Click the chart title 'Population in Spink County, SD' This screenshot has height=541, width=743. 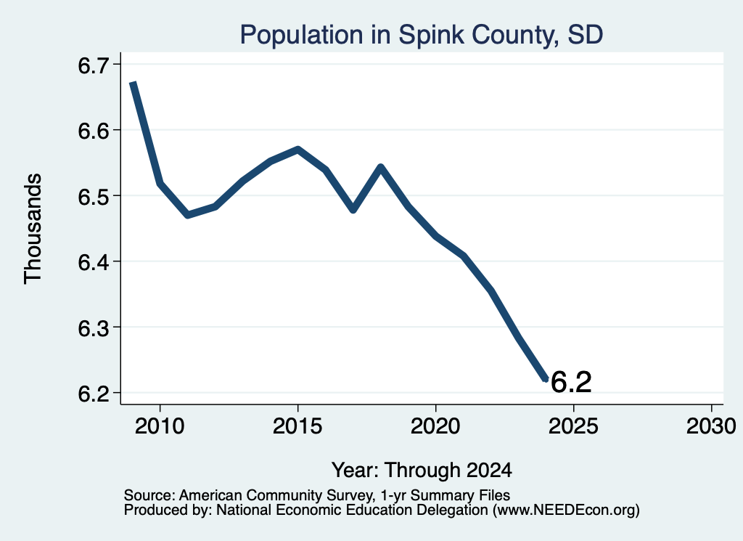(422, 35)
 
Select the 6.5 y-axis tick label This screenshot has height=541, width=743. (93, 196)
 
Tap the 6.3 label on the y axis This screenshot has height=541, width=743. (93, 328)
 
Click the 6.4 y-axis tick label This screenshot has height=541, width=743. (93, 262)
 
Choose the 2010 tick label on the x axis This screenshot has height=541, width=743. (160, 426)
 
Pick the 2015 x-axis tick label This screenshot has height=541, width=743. (297, 426)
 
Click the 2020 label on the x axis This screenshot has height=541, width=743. (435, 426)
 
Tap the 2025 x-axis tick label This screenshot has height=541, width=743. (573, 426)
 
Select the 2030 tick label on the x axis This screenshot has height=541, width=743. (711, 426)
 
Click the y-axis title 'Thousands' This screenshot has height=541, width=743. (33, 229)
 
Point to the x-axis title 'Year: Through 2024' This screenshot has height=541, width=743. (422, 470)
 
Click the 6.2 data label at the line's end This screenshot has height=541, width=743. (571, 382)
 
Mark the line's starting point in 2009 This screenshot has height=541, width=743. (134, 83)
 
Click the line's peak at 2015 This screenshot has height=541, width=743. (297, 150)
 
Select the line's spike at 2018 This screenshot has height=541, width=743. (380, 166)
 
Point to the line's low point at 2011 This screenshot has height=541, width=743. (188, 215)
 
